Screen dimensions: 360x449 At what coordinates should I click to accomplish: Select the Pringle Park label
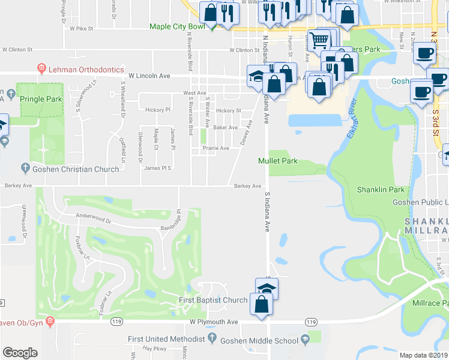pos(41,98)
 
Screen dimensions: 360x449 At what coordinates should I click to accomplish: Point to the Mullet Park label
pos(278,161)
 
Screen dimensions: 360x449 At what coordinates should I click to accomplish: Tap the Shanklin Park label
pos(381,190)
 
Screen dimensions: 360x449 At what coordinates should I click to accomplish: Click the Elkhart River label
pos(351,120)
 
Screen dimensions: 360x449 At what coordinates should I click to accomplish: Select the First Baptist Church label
pos(213,300)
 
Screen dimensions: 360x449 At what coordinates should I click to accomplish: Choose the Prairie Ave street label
pos(215,148)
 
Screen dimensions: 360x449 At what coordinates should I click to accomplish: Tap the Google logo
pos(20,353)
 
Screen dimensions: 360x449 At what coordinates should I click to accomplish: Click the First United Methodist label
pos(166,340)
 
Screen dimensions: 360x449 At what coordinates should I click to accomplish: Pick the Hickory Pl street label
pos(158,110)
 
